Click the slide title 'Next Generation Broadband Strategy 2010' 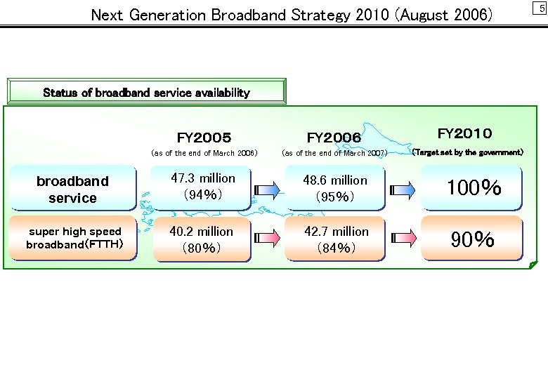pos(292,14)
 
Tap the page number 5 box pos(540,8)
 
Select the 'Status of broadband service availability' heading pos(146,92)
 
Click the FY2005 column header pos(204,138)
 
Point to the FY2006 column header pos(334,138)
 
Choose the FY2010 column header pos(465,133)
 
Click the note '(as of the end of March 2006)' pos(204,153)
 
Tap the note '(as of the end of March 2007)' pos(334,153)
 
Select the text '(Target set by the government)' pos(467,152)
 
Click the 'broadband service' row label pos(73,189)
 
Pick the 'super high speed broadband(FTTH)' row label pos(74,238)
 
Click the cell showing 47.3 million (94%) pos(202,187)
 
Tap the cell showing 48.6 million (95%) pos(335,188)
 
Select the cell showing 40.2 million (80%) pos(202,239)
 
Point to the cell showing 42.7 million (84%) pos(335,239)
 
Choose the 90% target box pos(473,239)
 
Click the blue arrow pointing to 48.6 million pos(268,188)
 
